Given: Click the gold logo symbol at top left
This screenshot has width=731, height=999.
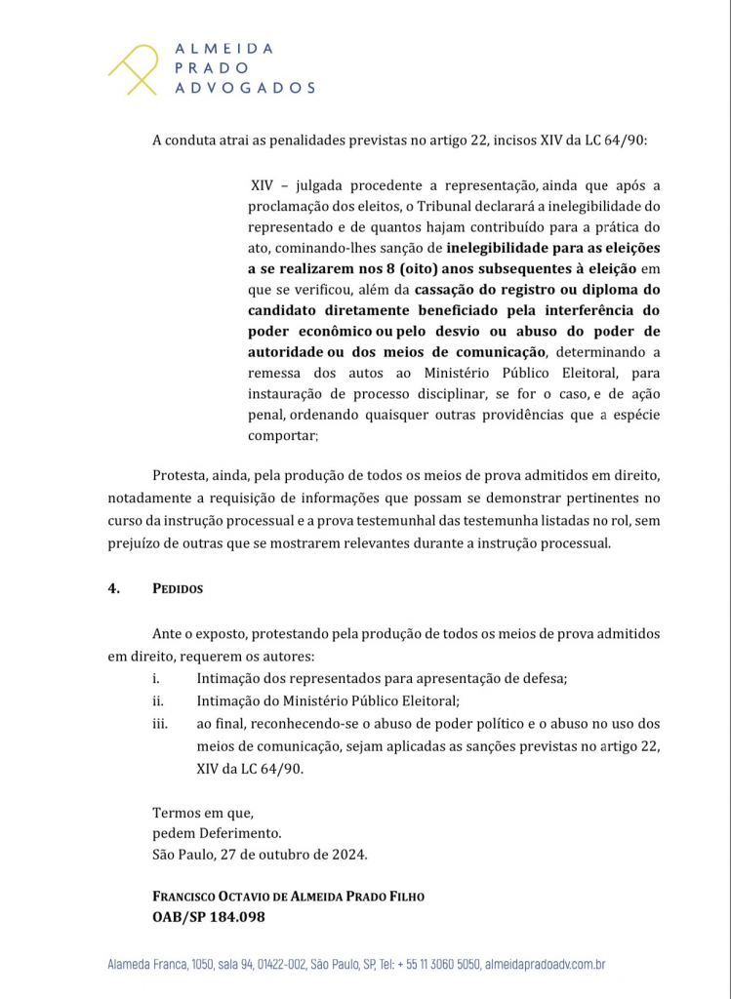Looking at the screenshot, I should [134, 68].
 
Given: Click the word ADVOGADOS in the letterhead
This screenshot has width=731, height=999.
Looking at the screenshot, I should [244, 88].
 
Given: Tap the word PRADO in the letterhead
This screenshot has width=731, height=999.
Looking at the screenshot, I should [211, 68].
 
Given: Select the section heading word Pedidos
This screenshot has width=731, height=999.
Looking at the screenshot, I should [177, 589].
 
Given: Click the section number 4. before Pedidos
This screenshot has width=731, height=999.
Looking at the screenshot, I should [113, 589].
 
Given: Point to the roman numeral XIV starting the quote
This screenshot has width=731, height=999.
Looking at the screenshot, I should [262, 185].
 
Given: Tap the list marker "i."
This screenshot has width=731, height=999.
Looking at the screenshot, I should [156, 678].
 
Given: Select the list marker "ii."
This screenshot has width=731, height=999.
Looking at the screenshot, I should [157, 700].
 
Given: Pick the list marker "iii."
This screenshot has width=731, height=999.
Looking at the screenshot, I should [159, 724].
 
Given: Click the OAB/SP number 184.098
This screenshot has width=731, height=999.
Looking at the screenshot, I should [232, 917].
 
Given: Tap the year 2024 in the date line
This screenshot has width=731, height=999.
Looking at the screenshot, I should [346, 855].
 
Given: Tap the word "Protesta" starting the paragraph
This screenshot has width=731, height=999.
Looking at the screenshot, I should [183, 475].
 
